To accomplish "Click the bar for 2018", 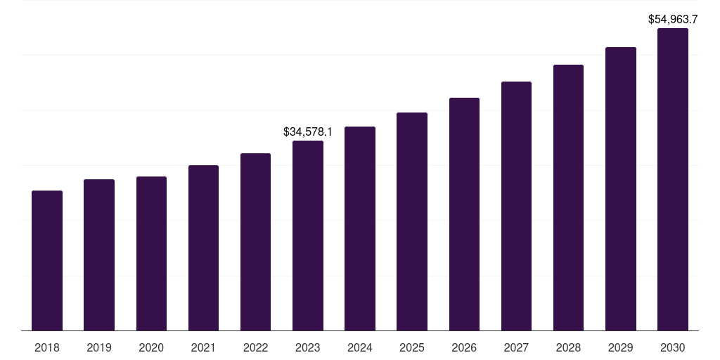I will [47, 260].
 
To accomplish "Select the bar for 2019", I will [99, 255].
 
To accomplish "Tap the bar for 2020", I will [151, 253].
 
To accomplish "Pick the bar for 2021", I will [203, 247].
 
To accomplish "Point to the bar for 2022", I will [255, 242].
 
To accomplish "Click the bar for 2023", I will [308, 236].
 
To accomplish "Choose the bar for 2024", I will [360, 229].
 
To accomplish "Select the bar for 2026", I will [464, 214].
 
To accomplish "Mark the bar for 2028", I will [568, 198].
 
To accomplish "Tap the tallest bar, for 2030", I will [673, 179].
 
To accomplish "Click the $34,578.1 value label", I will [308, 131].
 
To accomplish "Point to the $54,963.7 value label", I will [673, 20].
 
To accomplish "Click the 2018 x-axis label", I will [47, 347].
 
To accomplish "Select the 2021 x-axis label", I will [203, 347].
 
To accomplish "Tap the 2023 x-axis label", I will [308, 347].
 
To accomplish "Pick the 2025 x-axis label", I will [412, 347].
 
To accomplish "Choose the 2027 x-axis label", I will [516, 347].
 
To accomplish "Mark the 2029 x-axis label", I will [621, 347].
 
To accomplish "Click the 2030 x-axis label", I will [673, 347].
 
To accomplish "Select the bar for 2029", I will [621, 188].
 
